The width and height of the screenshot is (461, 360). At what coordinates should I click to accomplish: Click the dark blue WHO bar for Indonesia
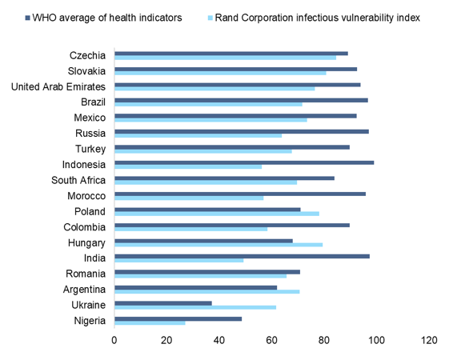[x=244, y=162]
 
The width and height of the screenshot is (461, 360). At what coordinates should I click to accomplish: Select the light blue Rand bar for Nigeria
[x=150, y=322]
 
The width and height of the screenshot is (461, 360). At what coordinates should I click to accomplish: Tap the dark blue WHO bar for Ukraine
[x=163, y=303]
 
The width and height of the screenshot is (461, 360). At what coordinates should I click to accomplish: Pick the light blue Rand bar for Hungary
[x=218, y=245]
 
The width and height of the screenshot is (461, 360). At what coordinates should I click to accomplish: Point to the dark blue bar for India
[x=242, y=256]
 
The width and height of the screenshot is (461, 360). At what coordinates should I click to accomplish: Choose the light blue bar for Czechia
[x=225, y=58]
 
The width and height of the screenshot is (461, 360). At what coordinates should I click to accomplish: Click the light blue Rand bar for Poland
[x=217, y=214]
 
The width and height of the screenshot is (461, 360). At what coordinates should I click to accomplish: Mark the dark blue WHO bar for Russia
[x=242, y=131]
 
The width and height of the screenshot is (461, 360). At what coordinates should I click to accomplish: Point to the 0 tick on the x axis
[x=114, y=340]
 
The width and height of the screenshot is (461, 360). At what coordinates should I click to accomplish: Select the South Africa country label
[x=78, y=180]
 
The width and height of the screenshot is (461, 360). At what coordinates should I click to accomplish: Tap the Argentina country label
[x=82, y=289]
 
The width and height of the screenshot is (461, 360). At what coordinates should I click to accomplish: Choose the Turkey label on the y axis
[x=89, y=149]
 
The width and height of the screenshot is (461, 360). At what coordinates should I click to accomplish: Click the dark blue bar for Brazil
[x=241, y=100]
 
